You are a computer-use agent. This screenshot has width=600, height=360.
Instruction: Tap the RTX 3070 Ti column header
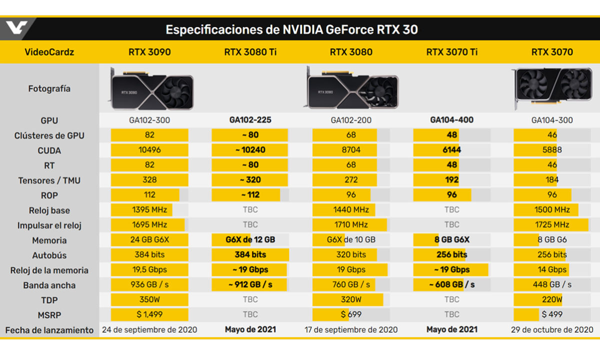click(451, 52)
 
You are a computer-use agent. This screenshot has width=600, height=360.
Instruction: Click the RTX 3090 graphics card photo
click(150, 89)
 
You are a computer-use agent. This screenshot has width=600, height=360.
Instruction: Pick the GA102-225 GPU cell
click(250, 120)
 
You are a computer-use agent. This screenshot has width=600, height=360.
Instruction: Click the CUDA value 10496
click(149, 150)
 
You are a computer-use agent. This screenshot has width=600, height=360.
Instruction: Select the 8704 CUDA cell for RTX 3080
click(351, 150)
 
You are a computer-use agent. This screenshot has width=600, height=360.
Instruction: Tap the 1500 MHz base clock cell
click(552, 210)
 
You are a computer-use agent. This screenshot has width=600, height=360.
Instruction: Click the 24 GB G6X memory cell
click(149, 239)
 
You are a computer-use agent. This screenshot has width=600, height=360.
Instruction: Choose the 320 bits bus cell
click(351, 254)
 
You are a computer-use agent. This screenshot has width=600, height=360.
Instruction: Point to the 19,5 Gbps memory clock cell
click(149, 269)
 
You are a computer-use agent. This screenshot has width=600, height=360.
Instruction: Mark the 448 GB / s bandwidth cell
click(552, 284)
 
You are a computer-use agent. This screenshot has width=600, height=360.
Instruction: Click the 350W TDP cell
click(149, 299)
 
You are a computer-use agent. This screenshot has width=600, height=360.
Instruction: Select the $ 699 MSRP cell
click(351, 314)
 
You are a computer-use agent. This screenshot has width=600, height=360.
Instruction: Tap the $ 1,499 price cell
click(149, 314)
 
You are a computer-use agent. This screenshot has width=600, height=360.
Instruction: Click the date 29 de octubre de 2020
click(552, 329)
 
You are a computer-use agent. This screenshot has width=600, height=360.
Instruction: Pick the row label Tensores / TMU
click(49, 180)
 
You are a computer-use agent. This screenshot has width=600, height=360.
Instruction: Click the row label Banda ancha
click(49, 285)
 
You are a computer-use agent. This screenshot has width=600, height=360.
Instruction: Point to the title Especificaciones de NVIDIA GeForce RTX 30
click(291, 30)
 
